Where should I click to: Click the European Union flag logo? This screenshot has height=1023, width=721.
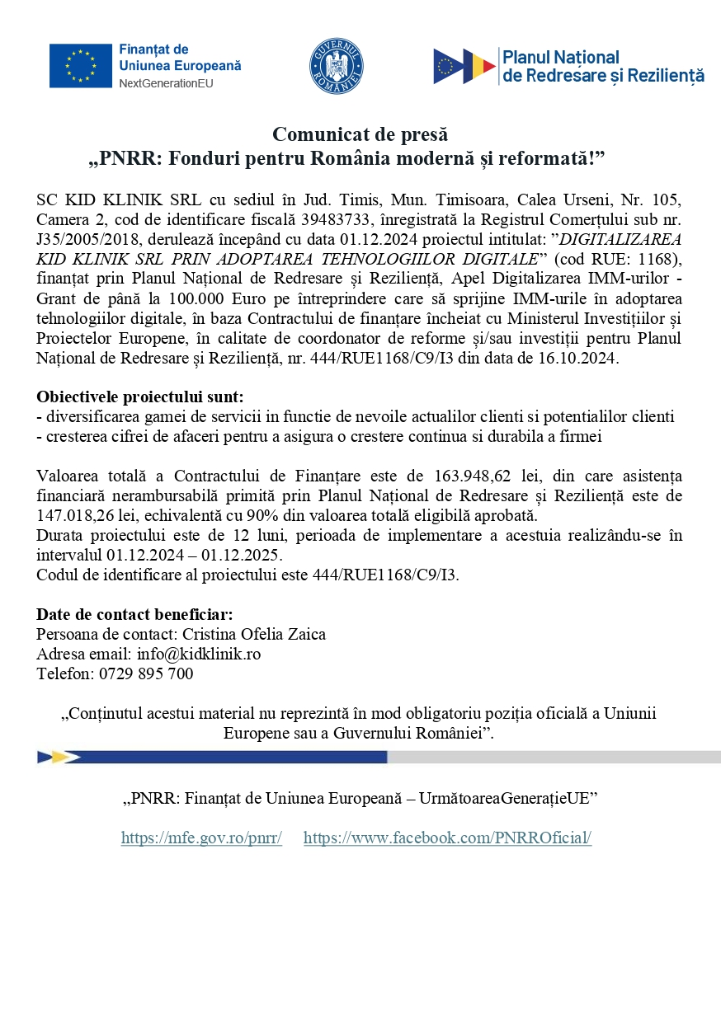[x=81, y=66]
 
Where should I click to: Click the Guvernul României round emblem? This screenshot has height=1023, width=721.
[x=337, y=66]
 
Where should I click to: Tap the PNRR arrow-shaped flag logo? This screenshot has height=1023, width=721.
[x=464, y=66]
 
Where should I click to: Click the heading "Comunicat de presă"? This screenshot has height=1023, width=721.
[x=360, y=134]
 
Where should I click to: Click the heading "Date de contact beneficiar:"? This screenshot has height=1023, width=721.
[x=134, y=614]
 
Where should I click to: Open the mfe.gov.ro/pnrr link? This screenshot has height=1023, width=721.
[x=201, y=838]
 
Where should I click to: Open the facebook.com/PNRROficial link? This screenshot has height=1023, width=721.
[x=447, y=838]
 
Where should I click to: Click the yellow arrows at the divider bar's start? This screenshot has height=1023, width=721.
[x=58, y=757]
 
